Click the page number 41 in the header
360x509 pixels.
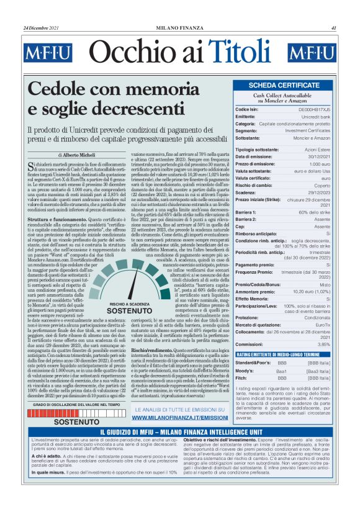[334, 28]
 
